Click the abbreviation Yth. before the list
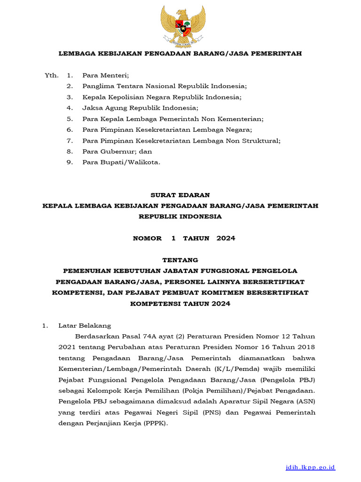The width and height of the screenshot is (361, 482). point(51,75)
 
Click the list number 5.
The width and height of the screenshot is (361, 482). point(70,119)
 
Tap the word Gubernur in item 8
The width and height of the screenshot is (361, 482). point(117,151)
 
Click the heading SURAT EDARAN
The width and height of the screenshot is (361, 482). point(180,195)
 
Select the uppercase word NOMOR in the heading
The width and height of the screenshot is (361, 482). point(147,238)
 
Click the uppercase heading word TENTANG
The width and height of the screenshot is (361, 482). point(180,260)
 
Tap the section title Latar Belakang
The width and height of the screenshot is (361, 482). point(85,325)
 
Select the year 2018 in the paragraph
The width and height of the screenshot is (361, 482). point(306,347)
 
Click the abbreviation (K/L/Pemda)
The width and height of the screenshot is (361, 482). point(232,369)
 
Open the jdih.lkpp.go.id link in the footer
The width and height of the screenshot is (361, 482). point(311,467)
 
